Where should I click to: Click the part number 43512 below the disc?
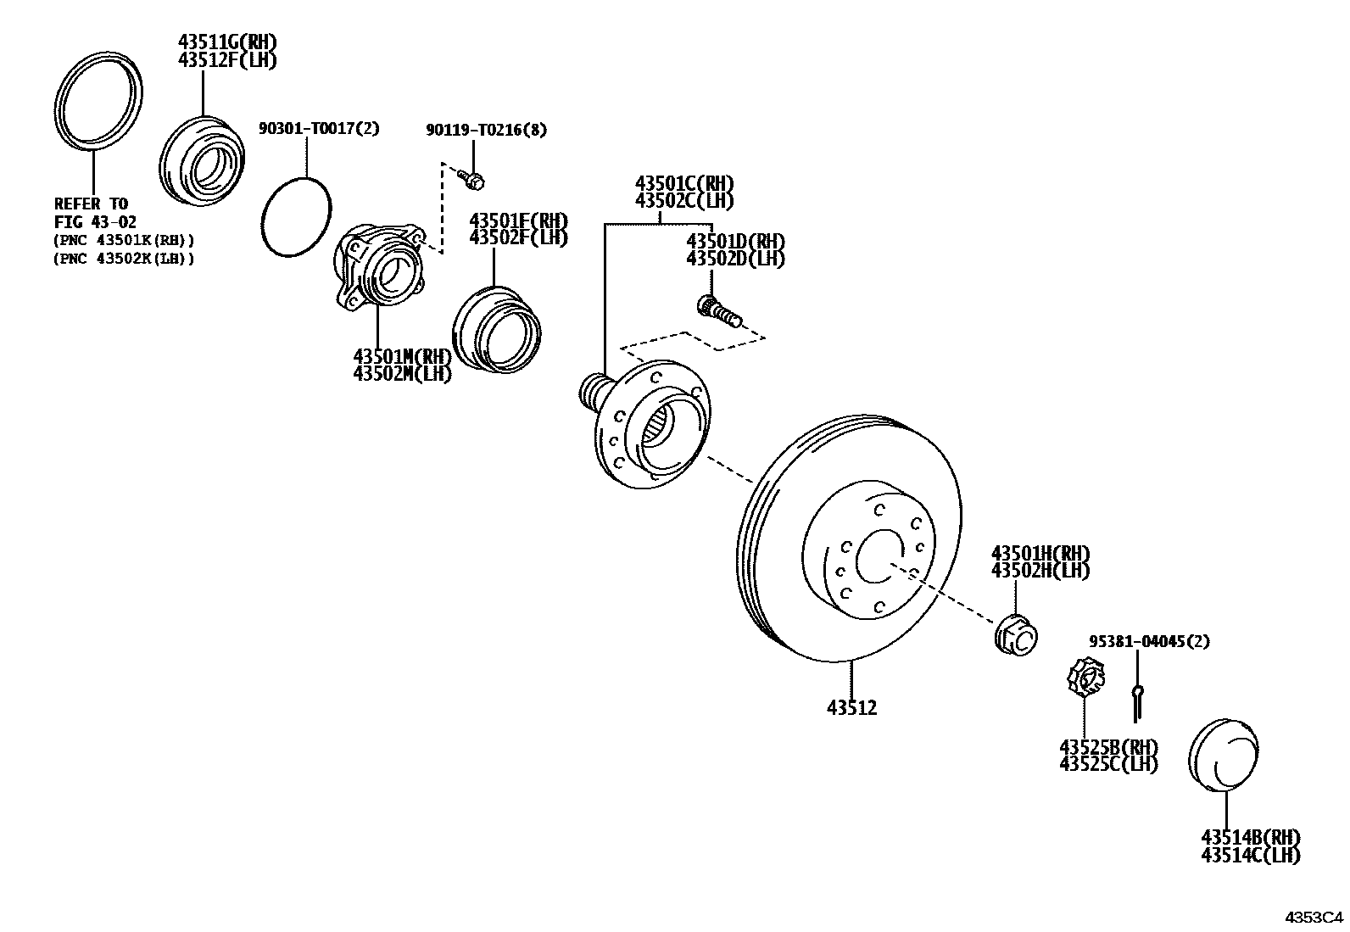coord(851,706)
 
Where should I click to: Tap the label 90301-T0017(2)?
coord(319,129)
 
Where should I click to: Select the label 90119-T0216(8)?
coord(486,130)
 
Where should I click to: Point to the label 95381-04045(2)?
coord(1149,641)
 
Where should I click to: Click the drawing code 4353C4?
coord(1314,917)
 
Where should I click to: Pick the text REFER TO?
coord(91,204)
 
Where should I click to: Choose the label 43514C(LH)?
coord(1250,856)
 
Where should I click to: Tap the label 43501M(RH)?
coord(403,356)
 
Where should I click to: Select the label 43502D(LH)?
coord(735,259)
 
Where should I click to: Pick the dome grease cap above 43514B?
coord(1224,754)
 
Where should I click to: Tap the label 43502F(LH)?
coord(518,237)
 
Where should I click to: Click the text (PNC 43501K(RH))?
coord(124,240)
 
